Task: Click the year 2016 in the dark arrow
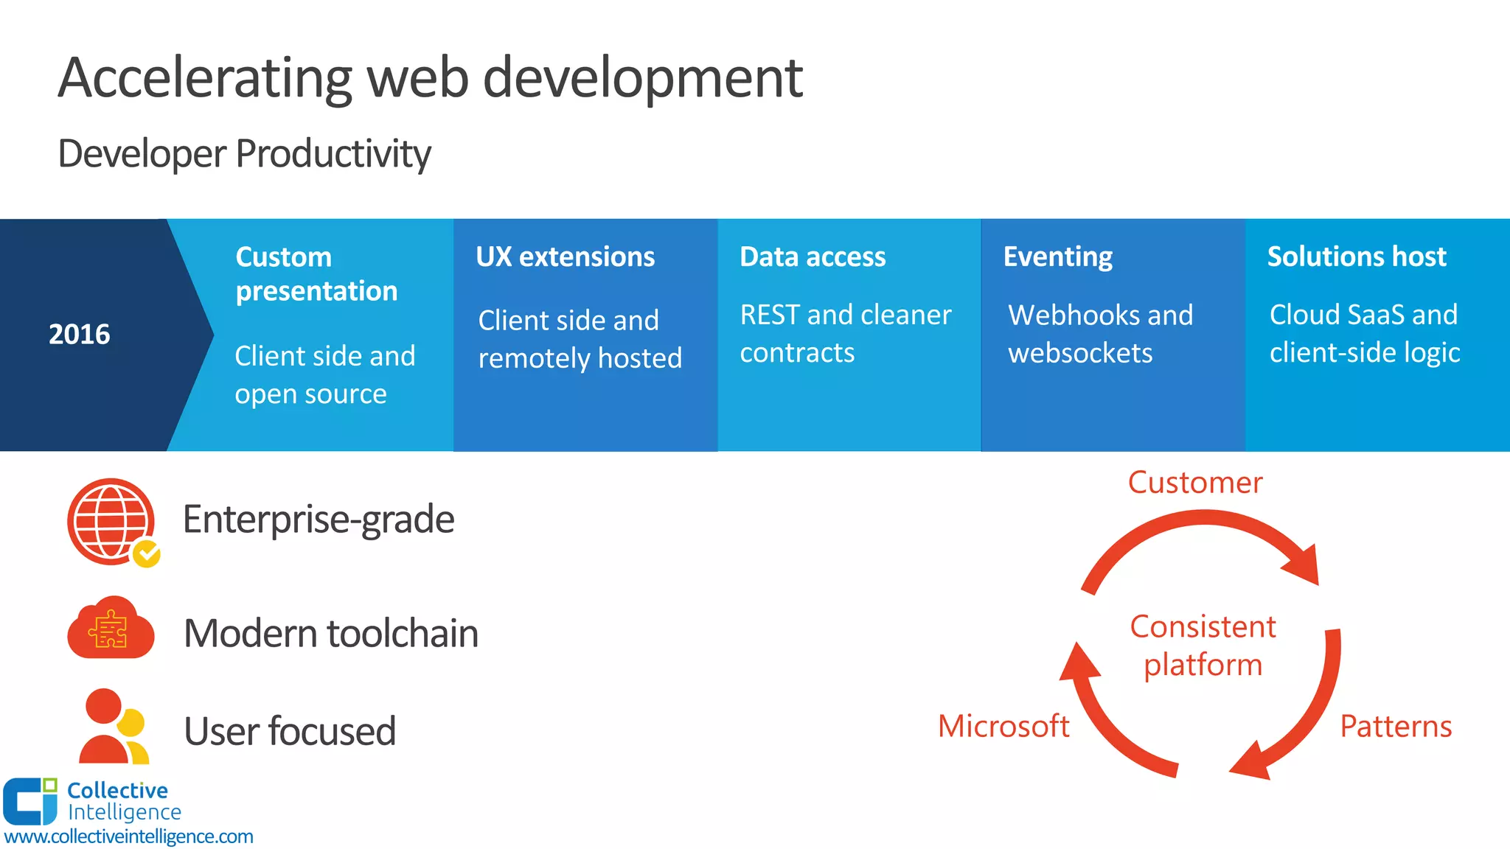(79, 335)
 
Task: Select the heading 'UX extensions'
(565, 256)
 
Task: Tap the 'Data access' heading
(813, 256)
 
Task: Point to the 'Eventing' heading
(1057, 256)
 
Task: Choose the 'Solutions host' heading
(1356, 256)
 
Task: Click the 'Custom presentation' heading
(316, 273)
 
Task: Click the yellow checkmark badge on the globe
(147, 553)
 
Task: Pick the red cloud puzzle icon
(111, 629)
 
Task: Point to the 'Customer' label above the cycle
(1194, 483)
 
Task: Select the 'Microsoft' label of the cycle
(1003, 727)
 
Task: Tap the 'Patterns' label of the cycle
(1395, 727)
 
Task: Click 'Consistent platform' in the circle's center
(1203, 646)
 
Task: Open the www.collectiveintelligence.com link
(128, 836)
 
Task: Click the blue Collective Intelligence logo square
(28, 802)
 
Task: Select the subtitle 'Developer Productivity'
(244, 154)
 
